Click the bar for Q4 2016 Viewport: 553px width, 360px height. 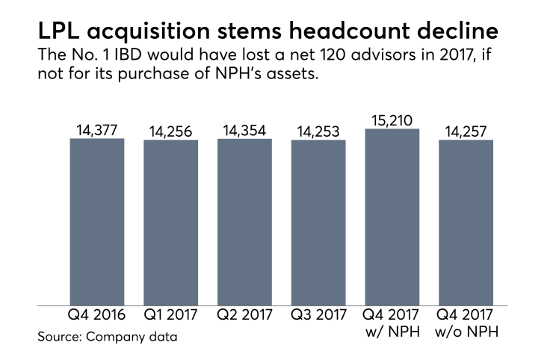[x=96, y=222]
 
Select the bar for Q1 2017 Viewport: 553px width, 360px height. [x=170, y=223]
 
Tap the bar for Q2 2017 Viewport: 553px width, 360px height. [x=244, y=222]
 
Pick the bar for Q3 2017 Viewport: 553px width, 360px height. [x=318, y=223]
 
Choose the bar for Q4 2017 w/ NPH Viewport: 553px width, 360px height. [x=392, y=217]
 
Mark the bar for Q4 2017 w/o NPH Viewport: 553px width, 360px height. [x=466, y=223]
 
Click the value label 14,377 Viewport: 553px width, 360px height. [x=96, y=131]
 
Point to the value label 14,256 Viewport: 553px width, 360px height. [x=170, y=132]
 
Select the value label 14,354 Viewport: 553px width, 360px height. [x=244, y=131]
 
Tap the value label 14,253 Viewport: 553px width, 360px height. [x=318, y=132]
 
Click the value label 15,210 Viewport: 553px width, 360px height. [x=392, y=120]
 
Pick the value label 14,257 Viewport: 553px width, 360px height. [x=466, y=132]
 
